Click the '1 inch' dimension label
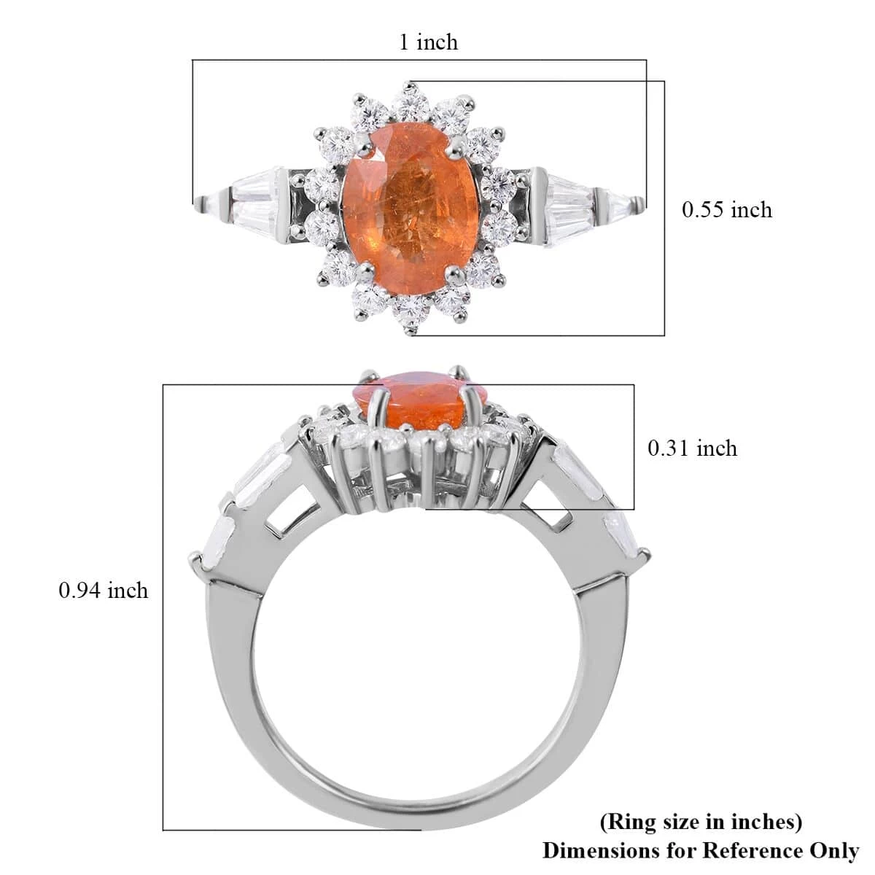tap(428, 42)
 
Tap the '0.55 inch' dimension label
tap(726, 210)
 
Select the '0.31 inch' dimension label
tap(692, 448)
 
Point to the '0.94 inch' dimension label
tap(103, 589)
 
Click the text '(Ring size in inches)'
tap(700, 822)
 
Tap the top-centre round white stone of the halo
tap(413, 106)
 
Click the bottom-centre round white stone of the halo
tap(413, 312)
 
